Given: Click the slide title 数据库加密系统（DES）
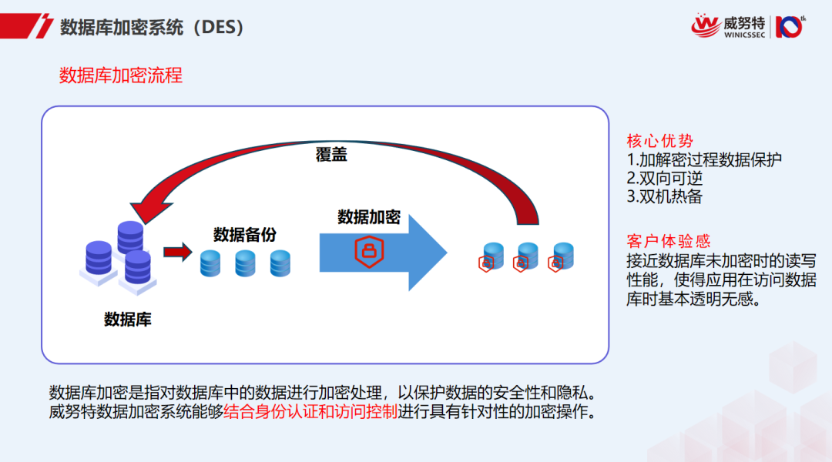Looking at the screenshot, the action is click(x=153, y=27).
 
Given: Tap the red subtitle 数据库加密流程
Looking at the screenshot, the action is click(x=121, y=75).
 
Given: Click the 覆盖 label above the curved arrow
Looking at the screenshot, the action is click(x=331, y=154).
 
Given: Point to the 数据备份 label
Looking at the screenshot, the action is click(x=244, y=235).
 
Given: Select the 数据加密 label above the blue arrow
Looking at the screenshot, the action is click(x=369, y=217).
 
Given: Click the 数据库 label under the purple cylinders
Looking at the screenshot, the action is click(x=128, y=319).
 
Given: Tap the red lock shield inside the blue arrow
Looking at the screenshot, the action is click(x=369, y=252).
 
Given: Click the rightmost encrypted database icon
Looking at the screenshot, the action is click(x=562, y=257).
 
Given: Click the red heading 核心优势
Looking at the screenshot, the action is click(x=659, y=141).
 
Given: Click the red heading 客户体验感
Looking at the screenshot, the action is click(x=668, y=242).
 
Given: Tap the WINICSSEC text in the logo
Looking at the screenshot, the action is click(x=744, y=35).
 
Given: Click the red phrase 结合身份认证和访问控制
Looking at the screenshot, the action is click(x=310, y=411).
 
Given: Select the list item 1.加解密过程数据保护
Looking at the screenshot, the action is click(x=704, y=159).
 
